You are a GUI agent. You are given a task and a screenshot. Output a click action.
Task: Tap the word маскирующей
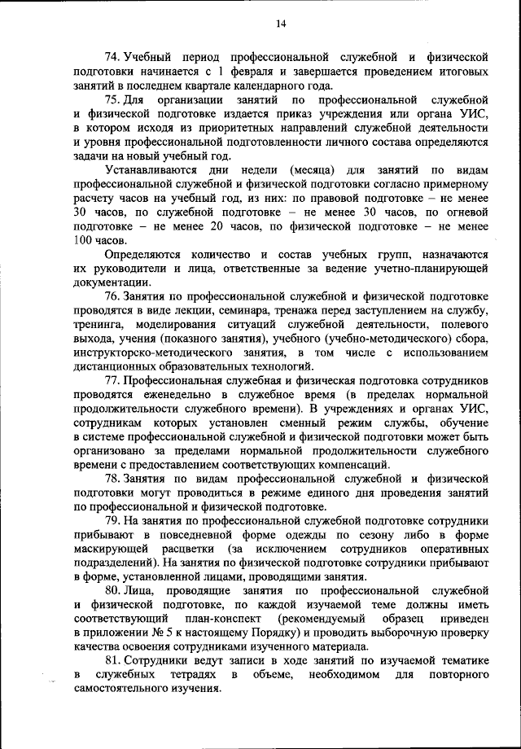click(x=107, y=551)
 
